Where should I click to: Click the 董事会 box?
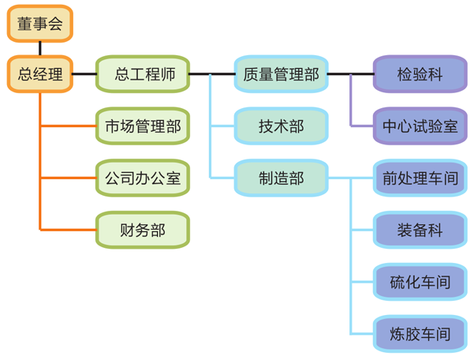39,24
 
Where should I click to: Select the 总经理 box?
39,75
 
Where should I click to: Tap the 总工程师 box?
143,75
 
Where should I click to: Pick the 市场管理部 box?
143,126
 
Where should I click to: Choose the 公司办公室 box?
143,178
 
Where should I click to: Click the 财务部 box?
143,230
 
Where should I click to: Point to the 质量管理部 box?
281,75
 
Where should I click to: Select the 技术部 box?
281,126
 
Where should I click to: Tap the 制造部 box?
281,178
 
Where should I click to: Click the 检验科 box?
420,75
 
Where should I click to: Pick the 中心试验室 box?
420,126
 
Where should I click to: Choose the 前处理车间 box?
420,178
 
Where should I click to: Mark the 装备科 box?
420,230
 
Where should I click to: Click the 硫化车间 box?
420,282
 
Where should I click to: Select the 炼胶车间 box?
420,333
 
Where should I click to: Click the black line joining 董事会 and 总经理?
39,49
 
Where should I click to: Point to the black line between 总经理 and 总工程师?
84,75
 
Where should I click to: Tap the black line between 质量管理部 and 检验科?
350,75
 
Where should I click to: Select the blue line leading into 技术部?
222,126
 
